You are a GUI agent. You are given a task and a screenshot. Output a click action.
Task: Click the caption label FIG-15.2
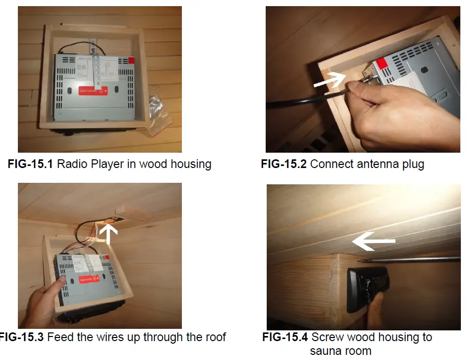click(283, 164)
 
